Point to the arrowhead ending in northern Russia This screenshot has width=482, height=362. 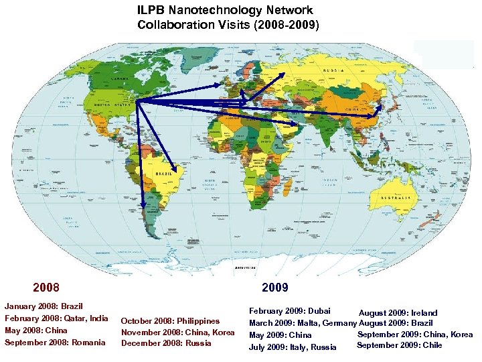pos(283,74)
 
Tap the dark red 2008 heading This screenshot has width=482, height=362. pos(46,288)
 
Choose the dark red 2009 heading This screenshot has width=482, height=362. pos(275,288)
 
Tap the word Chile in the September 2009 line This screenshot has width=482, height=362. pos(432,345)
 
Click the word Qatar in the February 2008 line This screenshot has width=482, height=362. pos(77,318)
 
